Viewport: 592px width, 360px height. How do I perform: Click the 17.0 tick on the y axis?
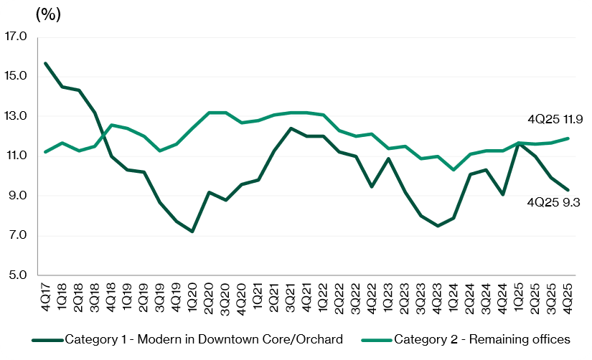(15, 36)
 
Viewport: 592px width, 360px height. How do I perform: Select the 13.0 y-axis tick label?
(15, 116)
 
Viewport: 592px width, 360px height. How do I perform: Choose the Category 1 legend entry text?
(203, 338)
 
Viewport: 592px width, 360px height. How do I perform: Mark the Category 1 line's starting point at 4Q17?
(46, 63)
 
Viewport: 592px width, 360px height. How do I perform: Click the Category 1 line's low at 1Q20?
(192, 231)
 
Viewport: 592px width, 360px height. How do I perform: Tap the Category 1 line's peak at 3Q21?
(290, 128)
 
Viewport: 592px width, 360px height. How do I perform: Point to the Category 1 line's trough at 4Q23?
(436, 225)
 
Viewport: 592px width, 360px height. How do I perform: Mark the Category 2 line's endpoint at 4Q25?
(568, 138)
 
